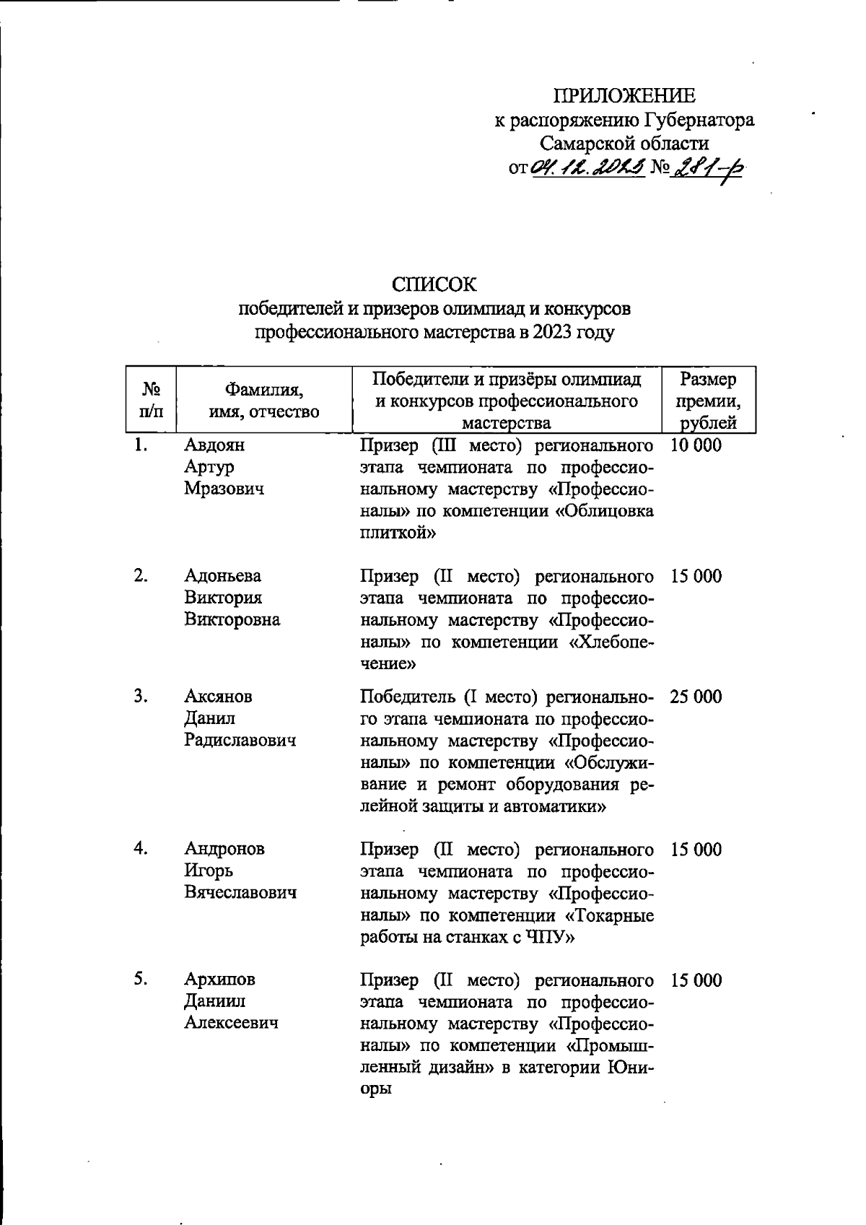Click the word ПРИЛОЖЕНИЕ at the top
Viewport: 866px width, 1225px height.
point(624,96)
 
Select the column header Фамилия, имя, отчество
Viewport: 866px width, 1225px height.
point(263,401)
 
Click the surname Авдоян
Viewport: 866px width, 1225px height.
point(214,445)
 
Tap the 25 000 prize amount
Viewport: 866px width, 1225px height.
point(695,697)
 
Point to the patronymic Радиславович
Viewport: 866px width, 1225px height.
point(240,741)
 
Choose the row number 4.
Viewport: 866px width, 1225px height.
point(141,849)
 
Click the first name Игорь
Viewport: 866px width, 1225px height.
point(209,871)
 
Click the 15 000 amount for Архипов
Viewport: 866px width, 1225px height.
point(695,980)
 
